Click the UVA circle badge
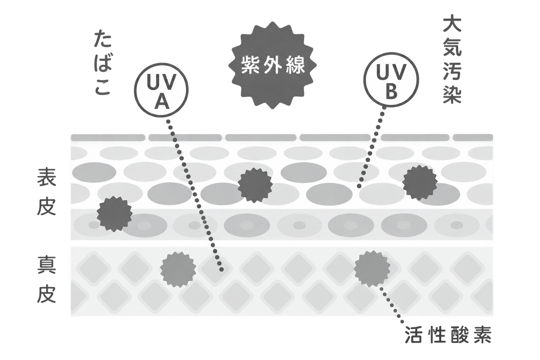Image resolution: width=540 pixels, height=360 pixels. click(161, 90)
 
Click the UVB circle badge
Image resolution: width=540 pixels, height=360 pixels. click(391, 79)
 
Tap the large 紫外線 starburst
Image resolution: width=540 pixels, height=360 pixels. click(272, 65)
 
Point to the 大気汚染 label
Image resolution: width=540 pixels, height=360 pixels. click(452, 63)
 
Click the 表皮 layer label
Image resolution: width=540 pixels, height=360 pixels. click(46, 192)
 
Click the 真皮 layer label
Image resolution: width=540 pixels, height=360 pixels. click(46, 279)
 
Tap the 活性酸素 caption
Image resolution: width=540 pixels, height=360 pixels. click(448, 335)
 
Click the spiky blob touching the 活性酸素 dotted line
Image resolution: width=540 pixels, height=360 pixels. click(372, 269)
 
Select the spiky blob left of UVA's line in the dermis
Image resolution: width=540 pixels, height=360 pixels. click(178, 270)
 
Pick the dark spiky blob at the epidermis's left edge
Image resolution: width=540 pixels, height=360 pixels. click(115, 214)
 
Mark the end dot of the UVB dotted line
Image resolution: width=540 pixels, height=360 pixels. click(359, 186)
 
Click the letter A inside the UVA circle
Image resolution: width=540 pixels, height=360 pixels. click(161, 102)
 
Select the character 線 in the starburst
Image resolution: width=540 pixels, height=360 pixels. click(296, 65)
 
